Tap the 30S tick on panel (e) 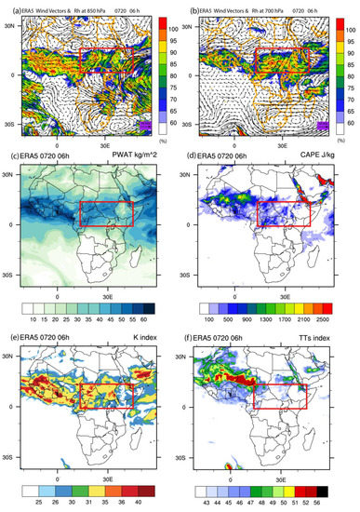tap(8, 457)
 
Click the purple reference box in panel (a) tap(144, 124)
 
